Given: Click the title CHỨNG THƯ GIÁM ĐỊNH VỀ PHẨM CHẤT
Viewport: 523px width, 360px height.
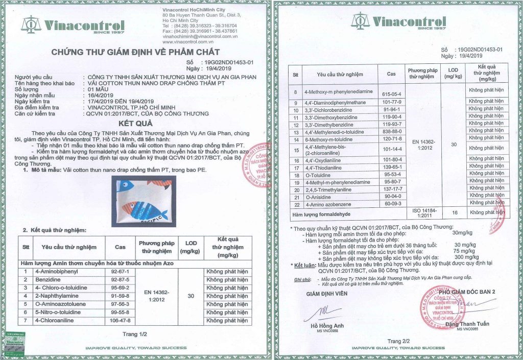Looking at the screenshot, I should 135,52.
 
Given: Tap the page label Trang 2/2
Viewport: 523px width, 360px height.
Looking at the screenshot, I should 398,341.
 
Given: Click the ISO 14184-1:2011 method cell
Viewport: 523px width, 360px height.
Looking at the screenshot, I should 423,213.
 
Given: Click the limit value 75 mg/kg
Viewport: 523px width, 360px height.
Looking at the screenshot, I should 462,251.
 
